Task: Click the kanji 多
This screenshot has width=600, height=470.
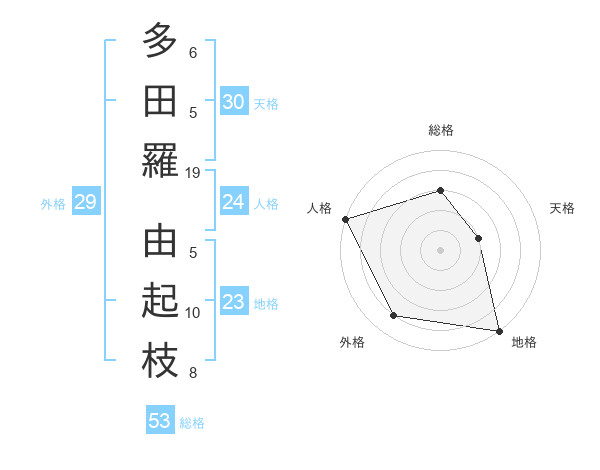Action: [x=160, y=42]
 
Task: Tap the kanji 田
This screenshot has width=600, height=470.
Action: [x=160, y=102]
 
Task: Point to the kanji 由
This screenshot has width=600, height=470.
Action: [x=160, y=243]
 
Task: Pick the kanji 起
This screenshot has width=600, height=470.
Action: [x=160, y=303]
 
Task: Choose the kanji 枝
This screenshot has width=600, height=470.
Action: [x=160, y=363]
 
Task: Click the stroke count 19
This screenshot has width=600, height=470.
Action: [x=193, y=172]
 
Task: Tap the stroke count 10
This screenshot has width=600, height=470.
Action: [x=193, y=313]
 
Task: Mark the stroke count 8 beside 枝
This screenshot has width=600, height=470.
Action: [x=193, y=373]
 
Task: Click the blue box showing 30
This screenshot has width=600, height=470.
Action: [x=233, y=102]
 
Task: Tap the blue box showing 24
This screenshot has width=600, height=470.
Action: [x=233, y=202]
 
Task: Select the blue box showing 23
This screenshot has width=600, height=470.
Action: [x=233, y=303]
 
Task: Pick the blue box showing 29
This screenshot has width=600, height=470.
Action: [x=85, y=203]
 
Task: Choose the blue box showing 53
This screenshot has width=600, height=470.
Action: [x=160, y=421]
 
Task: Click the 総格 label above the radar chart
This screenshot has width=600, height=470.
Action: [x=440, y=130]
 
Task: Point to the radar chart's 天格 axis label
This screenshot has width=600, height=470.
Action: [x=563, y=208]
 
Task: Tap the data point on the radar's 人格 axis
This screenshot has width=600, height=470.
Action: [x=345, y=218]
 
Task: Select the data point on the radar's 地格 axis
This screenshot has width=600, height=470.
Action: [x=498, y=330]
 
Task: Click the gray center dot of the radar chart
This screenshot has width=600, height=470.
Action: [x=440, y=249]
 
